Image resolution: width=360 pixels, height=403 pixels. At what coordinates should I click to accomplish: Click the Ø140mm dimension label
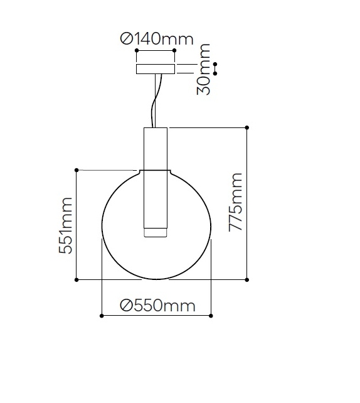[x=157, y=39]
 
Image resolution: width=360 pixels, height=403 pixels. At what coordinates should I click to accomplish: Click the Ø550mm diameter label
[x=157, y=306]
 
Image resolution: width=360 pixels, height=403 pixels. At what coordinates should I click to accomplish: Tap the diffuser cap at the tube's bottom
[x=156, y=233]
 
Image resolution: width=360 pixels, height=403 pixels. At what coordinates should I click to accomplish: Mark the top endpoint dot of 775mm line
[x=247, y=127]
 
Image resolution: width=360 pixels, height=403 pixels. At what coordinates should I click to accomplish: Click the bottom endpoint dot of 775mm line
[x=247, y=279]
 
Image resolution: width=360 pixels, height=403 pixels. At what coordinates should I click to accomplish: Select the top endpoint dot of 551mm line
[x=77, y=170]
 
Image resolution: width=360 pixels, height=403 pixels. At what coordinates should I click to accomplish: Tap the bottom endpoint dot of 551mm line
[x=77, y=279]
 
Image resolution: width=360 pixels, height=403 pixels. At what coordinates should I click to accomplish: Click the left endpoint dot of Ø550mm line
[x=102, y=316]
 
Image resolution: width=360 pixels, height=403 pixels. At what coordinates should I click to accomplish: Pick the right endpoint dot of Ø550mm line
[x=211, y=316]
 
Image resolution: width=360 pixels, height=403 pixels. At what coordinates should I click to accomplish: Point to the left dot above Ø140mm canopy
[x=137, y=51]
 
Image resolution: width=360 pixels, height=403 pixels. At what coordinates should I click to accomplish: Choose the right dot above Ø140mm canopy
[x=175, y=51]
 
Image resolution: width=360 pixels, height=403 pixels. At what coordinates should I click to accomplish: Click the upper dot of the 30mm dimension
[x=215, y=64]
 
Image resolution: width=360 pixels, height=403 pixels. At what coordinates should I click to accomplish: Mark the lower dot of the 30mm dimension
[x=215, y=73]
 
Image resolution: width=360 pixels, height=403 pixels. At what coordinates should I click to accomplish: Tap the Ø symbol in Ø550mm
[x=125, y=306]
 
